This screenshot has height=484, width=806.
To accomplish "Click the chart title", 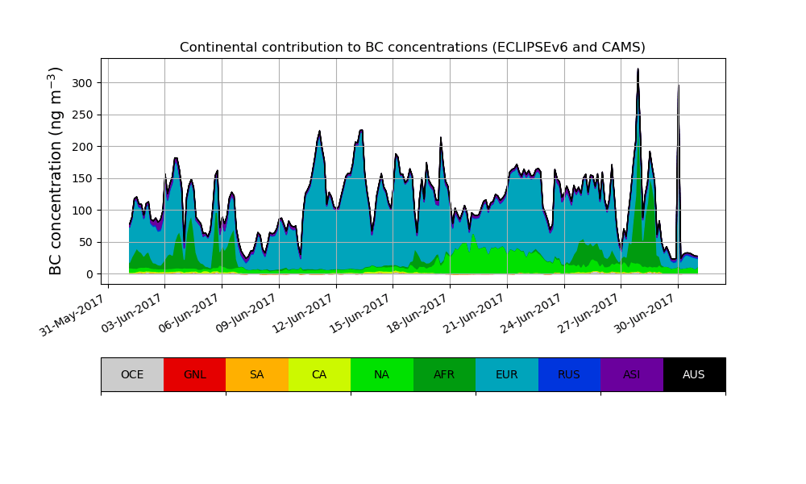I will click(x=412, y=48).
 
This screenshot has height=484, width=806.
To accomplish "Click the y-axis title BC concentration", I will click(x=56, y=171).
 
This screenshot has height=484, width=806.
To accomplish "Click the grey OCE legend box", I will click(x=132, y=374).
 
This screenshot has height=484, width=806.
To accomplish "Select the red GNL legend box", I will click(x=194, y=374).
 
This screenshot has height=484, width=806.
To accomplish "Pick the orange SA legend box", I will click(x=256, y=374).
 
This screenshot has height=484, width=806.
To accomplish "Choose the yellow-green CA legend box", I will click(x=319, y=374).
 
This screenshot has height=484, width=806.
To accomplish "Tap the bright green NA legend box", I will click(x=381, y=374).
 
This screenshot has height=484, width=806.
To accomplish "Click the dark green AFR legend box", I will click(x=444, y=374).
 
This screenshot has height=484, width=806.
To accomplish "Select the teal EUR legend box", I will click(x=506, y=374).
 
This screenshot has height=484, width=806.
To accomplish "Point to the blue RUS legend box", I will click(x=569, y=374).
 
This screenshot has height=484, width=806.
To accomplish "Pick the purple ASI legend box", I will click(x=631, y=374).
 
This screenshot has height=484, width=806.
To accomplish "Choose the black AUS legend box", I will click(x=694, y=374).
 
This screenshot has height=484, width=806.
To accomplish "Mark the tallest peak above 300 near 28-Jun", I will click(x=638, y=70).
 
